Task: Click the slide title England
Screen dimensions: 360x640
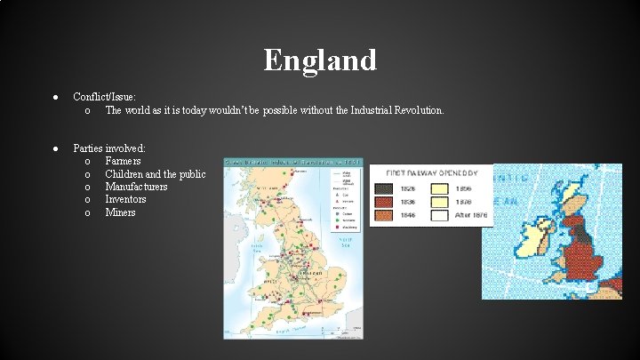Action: [320, 60]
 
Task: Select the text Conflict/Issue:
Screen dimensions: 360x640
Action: [104, 96]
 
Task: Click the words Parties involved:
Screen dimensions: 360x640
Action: [109, 148]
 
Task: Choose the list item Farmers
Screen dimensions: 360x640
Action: [124, 161]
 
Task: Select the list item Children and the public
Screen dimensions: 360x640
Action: [156, 174]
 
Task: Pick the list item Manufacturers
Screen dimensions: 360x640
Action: [136, 187]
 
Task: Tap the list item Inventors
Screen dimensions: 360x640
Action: [125, 199]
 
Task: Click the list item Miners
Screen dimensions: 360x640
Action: [120, 212]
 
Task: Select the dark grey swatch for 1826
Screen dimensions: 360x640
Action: [382, 188]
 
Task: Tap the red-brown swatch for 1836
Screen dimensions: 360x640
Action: [382, 202]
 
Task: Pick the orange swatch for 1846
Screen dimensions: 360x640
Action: [382, 215]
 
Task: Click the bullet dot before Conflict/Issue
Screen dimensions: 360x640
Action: [55, 96]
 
